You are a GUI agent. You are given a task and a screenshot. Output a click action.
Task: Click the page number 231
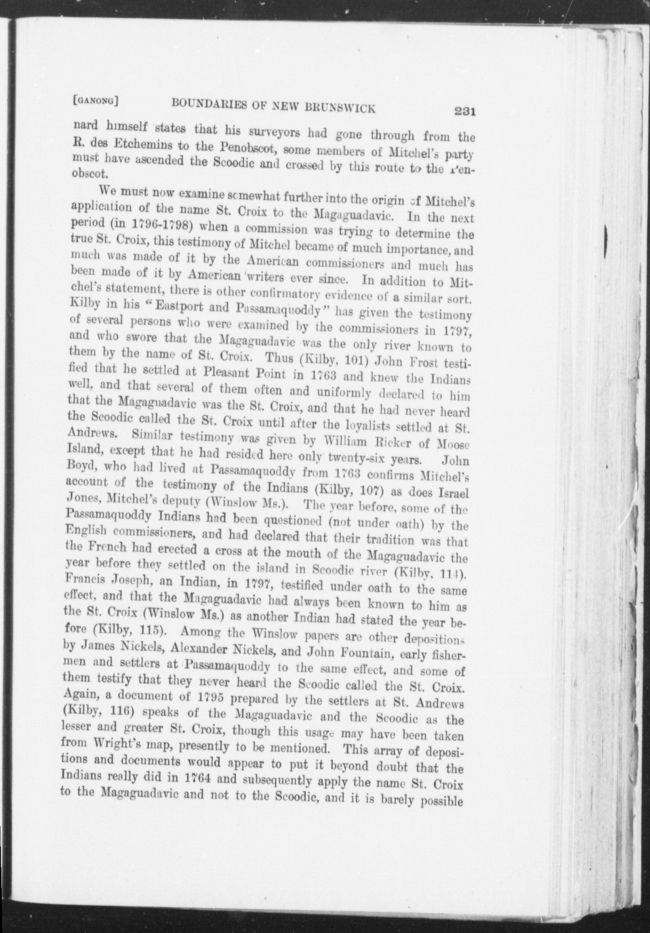(x=464, y=111)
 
